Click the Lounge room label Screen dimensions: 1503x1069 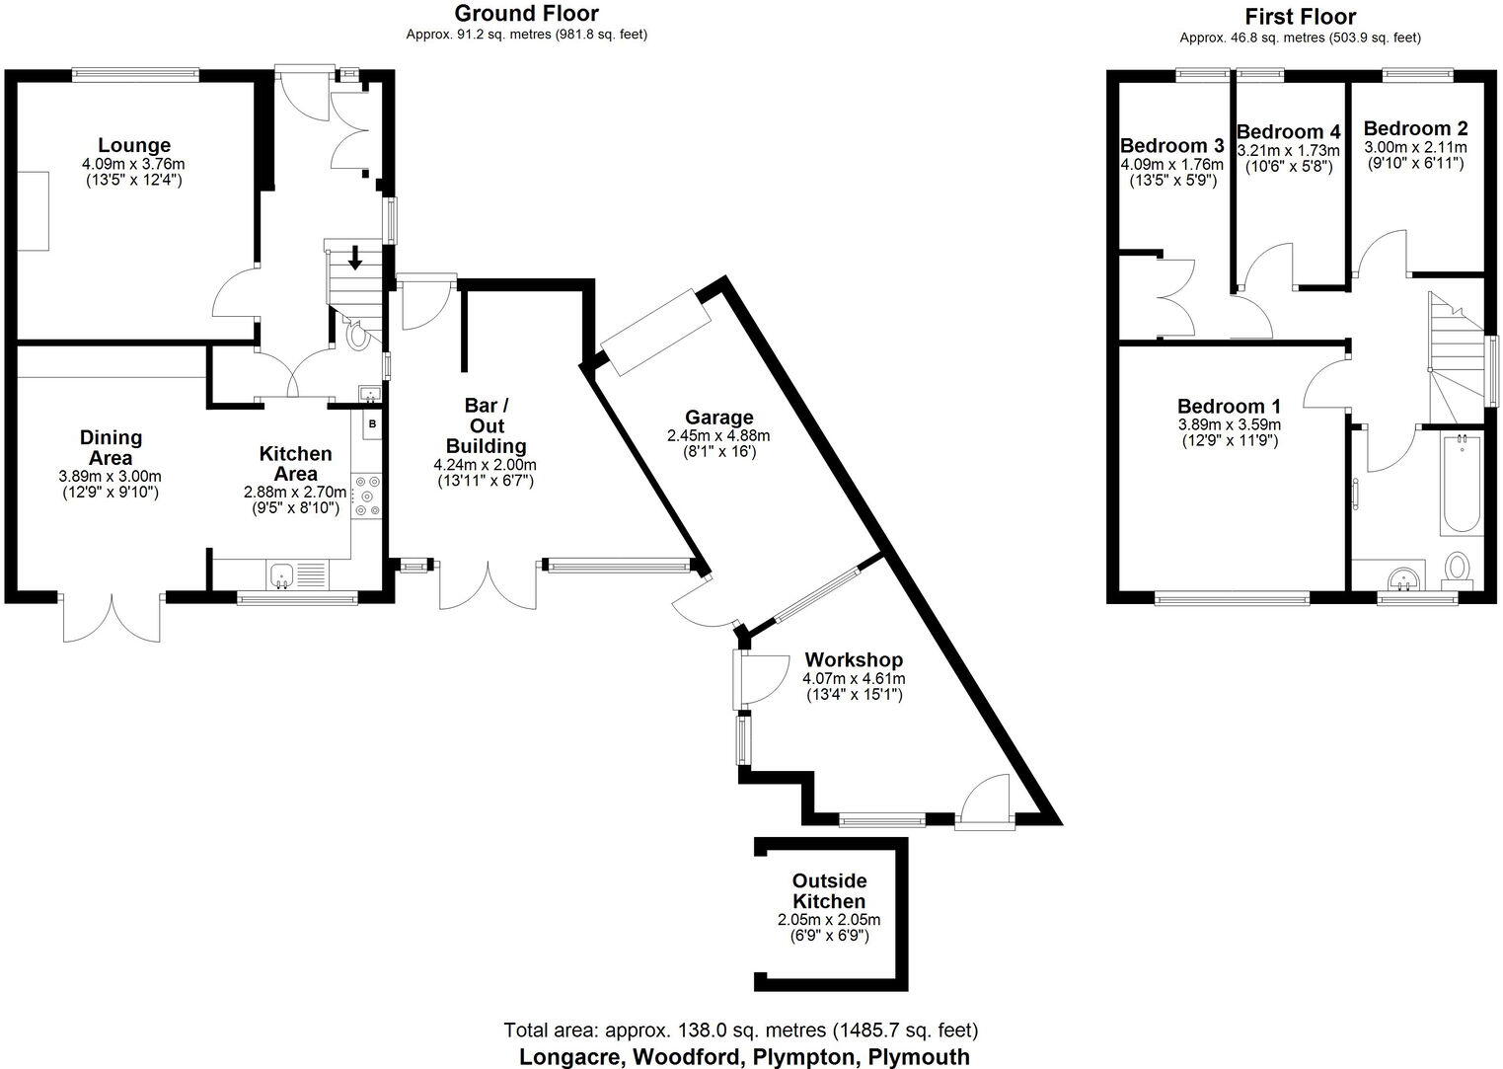coord(133,146)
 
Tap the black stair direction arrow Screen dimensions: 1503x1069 coord(354,259)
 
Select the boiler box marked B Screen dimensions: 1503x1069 coord(372,423)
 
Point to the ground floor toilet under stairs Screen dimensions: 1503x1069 coord(358,337)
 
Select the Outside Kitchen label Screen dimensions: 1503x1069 coord(829,890)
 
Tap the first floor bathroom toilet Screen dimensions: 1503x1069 coord(1458,570)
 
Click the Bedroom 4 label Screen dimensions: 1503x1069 coord(1288,132)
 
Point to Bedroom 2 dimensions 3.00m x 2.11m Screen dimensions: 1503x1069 coord(1415,147)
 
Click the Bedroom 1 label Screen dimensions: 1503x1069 coord(1229,406)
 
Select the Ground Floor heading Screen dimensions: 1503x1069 coord(526,14)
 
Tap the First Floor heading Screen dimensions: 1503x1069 coord(1300,17)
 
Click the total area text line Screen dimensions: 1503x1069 coord(741,1031)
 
